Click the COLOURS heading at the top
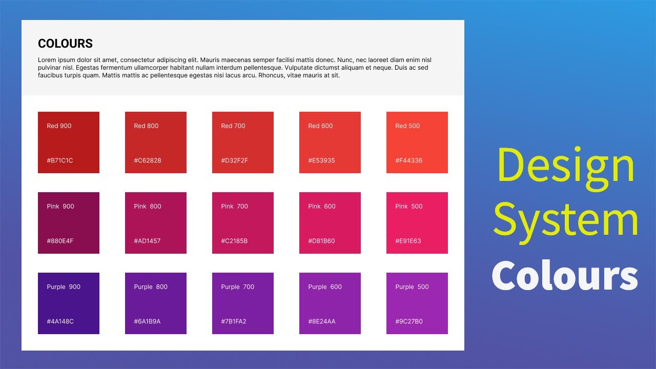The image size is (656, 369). (x=65, y=44)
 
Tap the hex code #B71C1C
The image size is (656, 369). (x=60, y=160)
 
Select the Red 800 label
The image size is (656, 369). (x=146, y=126)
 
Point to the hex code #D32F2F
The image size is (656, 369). (x=234, y=160)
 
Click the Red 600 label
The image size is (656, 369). (x=320, y=126)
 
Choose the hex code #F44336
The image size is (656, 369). (x=408, y=160)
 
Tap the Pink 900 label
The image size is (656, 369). (x=60, y=206)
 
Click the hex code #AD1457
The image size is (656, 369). (x=147, y=241)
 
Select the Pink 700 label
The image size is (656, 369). (x=234, y=206)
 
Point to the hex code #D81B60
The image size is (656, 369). (x=321, y=241)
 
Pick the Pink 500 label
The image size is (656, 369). (x=408, y=206)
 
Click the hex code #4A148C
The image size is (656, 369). (x=60, y=321)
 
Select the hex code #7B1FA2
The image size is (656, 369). (x=234, y=321)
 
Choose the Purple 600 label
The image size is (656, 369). (x=325, y=286)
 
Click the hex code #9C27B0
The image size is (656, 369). (x=408, y=321)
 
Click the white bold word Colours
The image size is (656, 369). (x=565, y=276)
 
